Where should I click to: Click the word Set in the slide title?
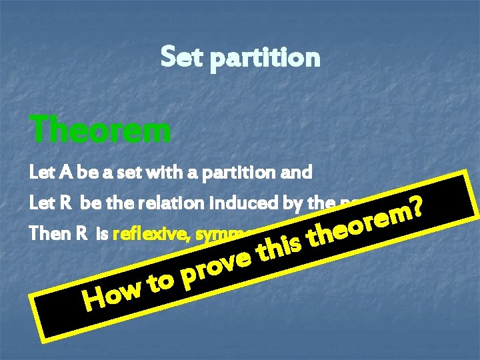click(181, 57)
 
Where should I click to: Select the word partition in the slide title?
click(265, 59)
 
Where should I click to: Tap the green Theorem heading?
click(100, 129)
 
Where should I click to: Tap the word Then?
click(45, 234)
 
